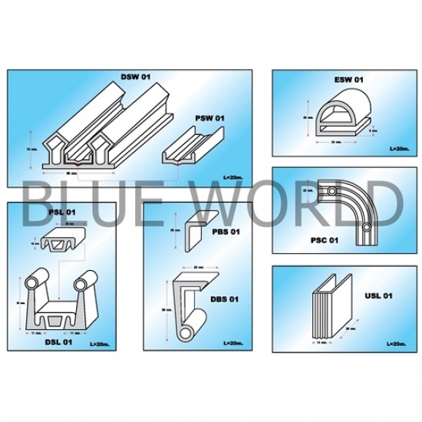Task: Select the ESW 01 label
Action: click(x=349, y=80)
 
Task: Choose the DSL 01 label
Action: click(x=38, y=344)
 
